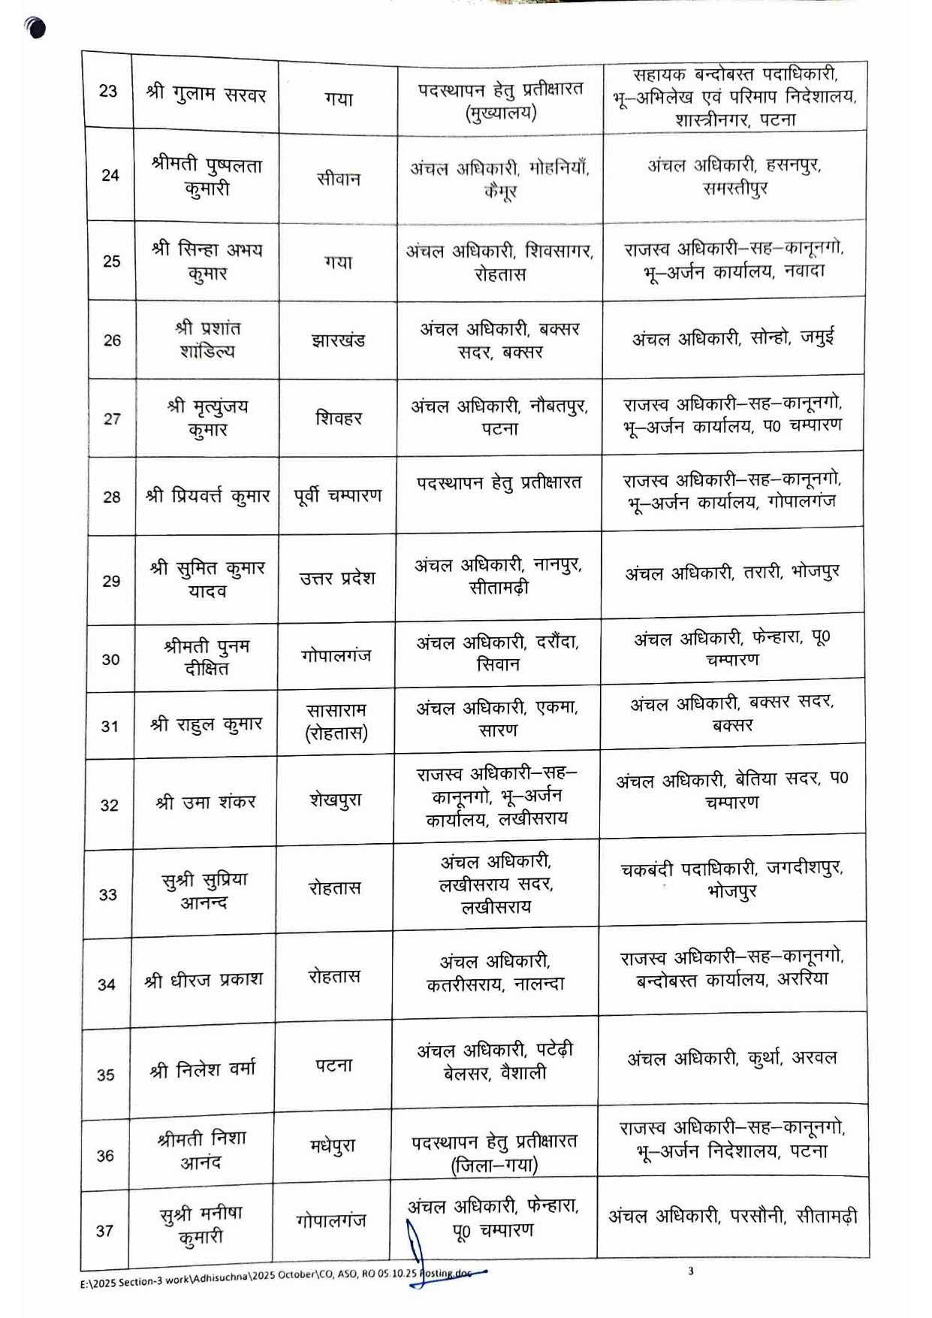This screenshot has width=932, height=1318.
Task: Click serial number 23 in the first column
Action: point(108,91)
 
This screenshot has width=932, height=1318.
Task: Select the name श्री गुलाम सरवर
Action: point(206,95)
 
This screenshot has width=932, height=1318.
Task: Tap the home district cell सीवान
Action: point(338,179)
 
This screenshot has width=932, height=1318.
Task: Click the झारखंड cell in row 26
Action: point(338,340)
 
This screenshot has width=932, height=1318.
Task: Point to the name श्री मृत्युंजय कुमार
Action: point(207,418)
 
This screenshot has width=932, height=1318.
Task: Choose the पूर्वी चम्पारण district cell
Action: point(338,496)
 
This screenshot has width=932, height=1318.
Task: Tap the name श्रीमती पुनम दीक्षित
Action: point(207,657)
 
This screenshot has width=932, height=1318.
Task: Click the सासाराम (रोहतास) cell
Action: point(336,721)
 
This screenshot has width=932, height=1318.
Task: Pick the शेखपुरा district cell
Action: point(335,800)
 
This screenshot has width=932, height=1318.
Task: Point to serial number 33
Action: point(108,895)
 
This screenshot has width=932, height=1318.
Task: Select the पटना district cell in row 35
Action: point(333,1066)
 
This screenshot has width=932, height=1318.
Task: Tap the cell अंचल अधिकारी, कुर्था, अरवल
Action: point(731,1058)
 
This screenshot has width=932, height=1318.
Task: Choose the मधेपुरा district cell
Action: point(332,1147)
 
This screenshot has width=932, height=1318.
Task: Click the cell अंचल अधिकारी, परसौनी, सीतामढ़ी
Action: point(732,1216)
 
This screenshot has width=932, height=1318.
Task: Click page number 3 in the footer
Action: point(690,1271)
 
